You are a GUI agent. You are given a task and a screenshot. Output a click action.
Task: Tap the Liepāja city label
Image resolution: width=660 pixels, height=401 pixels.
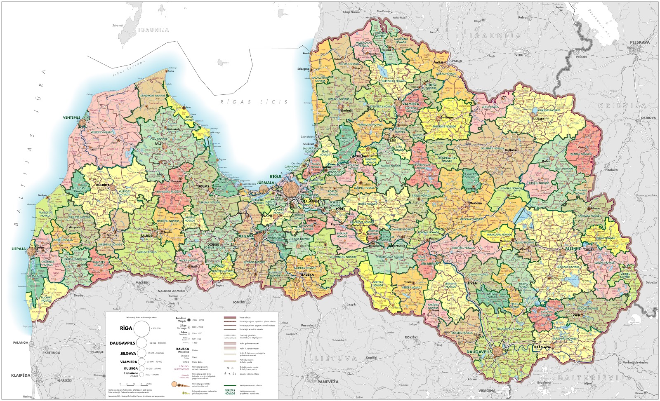19,249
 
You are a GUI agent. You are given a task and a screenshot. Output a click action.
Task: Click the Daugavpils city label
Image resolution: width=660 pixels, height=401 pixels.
479,352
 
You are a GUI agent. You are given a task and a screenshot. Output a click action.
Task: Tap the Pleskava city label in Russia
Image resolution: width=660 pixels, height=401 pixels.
639,42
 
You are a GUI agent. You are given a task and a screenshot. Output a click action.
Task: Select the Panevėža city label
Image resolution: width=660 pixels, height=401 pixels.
328,382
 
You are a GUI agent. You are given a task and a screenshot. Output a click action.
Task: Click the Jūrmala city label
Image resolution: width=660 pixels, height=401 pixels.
265,183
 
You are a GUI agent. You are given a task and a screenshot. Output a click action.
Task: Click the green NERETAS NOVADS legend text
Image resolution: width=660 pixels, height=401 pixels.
230,392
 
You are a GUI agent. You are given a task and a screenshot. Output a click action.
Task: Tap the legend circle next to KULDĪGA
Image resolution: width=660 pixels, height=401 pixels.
141,368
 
